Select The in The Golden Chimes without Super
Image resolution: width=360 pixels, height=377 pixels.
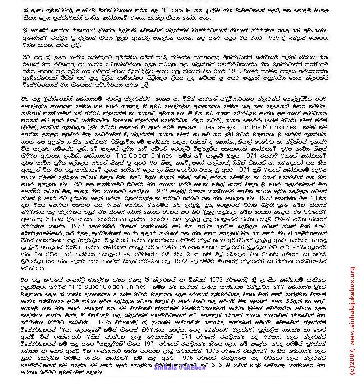136,155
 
